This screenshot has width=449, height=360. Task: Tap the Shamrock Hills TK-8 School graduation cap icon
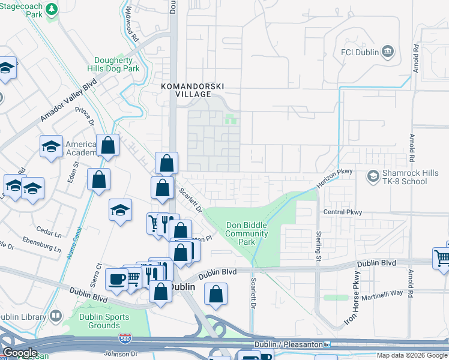tap(373, 175)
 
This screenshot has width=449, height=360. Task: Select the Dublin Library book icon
tap(56, 316)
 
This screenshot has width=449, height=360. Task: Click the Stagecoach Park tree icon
tap(52, 9)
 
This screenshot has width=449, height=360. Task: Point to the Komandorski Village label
tap(186, 90)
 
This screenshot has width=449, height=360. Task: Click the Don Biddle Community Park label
tap(247, 234)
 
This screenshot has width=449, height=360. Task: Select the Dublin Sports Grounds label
tap(104, 321)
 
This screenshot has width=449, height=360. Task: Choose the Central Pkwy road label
tap(343, 212)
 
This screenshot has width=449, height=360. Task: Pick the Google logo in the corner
tap(20, 353)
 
